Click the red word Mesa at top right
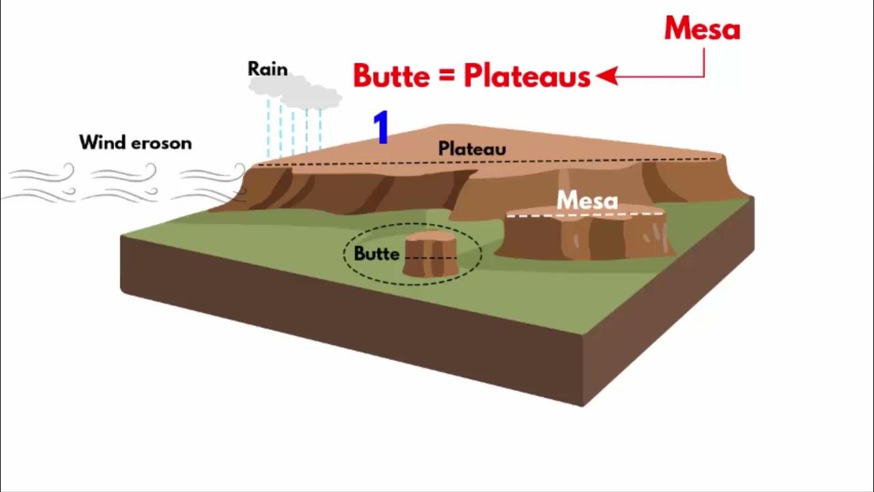pos(702,29)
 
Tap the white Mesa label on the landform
pos(587,201)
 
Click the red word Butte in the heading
pos(391,76)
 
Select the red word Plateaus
pos(526,76)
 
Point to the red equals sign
pos(447,77)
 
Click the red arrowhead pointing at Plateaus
pos(606,76)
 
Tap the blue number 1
pos(382,128)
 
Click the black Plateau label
pos(472,148)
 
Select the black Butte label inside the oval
pos(376,254)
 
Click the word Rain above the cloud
pos(268,69)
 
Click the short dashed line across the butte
pos(431,258)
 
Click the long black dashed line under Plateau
pos(478,163)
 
